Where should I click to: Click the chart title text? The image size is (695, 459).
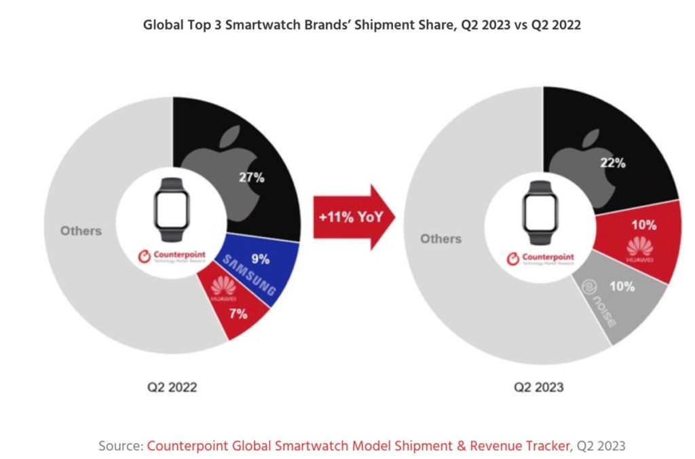[x=361, y=25]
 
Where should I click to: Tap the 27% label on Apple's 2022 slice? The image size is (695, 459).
[x=252, y=178]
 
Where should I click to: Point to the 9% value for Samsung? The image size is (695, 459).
[x=260, y=259]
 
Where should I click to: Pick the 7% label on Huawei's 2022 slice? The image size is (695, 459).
[x=238, y=314]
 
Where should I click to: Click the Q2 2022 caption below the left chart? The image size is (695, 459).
[x=173, y=388]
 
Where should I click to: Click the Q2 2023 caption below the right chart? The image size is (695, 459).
[x=539, y=388]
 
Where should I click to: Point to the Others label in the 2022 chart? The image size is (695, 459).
[x=81, y=231]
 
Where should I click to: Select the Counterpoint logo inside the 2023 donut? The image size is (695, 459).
[x=541, y=259]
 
